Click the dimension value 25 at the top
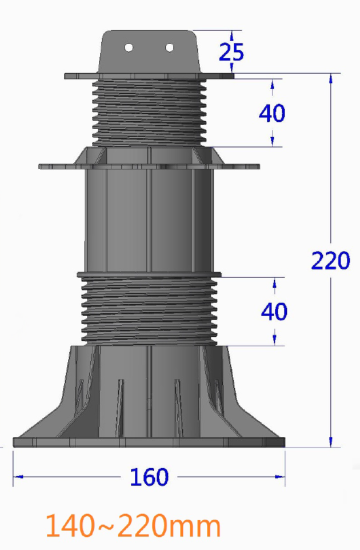(x=231, y=52)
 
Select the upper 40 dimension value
(x=271, y=114)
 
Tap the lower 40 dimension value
(x=274, y=312)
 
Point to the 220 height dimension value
(x=330, y=261)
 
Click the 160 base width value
(x=150, y=477)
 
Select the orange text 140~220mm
(x=133, y=525)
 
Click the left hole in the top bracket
(x=129, y=47)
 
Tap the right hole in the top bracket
(x=170, y=47)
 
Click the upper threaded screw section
(x=149, y=111)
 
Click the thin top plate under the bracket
(x=149, y=75)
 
